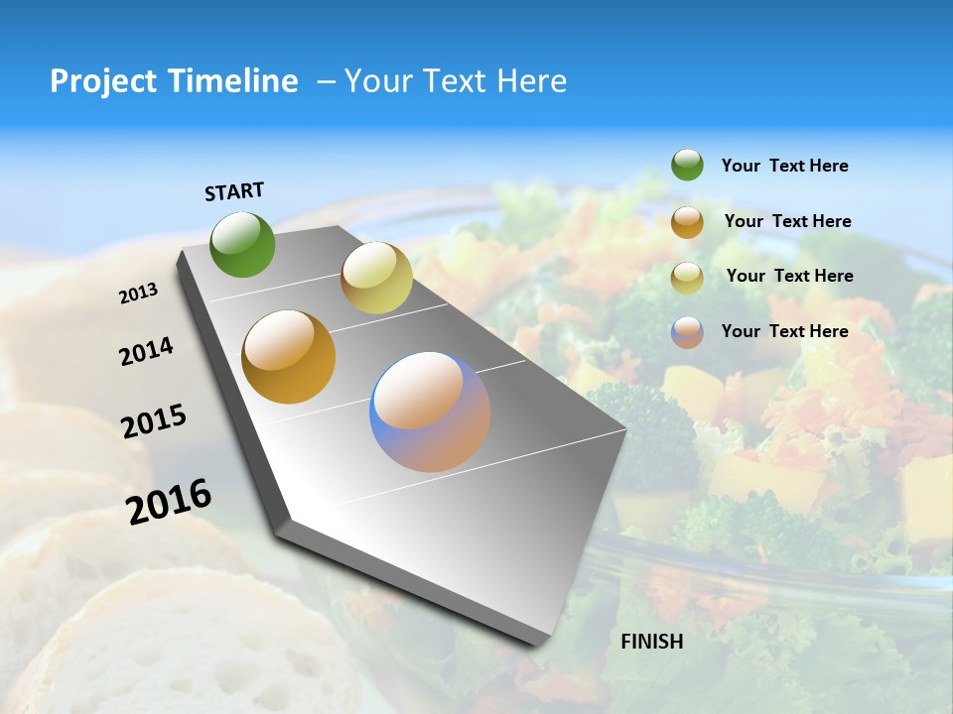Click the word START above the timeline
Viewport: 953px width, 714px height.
234,191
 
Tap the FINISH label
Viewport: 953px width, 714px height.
652,642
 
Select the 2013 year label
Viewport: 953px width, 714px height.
139,293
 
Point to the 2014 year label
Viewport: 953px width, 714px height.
146,352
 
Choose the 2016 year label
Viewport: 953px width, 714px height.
169,502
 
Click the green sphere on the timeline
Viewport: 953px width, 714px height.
242,244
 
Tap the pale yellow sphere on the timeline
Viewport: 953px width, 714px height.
376,278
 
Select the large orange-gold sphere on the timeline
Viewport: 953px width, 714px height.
289,357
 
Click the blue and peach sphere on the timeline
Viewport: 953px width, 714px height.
430,412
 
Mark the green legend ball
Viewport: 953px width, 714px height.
687,166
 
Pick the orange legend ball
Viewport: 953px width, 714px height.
687,222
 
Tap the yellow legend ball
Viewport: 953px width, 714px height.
687,277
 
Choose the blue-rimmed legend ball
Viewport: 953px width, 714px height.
687,332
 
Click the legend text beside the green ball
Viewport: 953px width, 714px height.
784,166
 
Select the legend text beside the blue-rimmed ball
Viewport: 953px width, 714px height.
784,331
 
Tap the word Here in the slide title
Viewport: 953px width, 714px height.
531,81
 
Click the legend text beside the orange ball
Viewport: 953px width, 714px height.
787,221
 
